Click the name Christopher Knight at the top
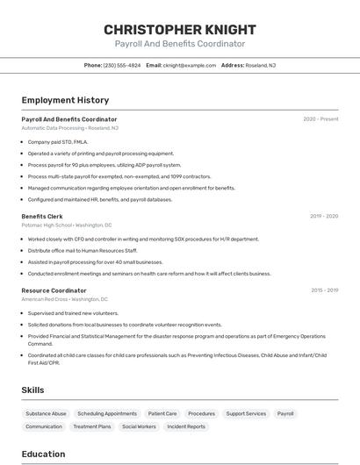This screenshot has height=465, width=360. point(179,29)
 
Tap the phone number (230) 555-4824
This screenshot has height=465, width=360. point(121,65)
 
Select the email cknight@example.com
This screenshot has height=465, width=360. point(187,65)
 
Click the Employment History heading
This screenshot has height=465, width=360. point(65,100)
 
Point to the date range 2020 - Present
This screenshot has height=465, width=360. point(320,118)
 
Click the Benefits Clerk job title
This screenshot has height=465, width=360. point(42,216)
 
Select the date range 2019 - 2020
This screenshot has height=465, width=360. point(324,216)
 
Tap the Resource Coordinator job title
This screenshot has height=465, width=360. point(54,290)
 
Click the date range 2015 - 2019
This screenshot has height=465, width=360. point(324,290)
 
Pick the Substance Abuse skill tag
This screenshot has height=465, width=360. point(46,413)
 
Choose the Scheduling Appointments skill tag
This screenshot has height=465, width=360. point(107,413)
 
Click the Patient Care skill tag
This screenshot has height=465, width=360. point(162,413)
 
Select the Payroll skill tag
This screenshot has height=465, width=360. point(285,413)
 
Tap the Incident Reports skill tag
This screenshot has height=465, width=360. point(186,426)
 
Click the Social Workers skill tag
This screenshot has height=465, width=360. point(139,426)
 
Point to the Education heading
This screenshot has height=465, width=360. point(43,454)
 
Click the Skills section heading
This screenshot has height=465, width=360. point(33,390)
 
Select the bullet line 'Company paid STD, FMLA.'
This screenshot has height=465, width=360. point(58,141)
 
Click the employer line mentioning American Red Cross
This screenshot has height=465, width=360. point(64,299)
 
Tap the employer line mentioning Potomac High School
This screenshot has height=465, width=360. point(66,225)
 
